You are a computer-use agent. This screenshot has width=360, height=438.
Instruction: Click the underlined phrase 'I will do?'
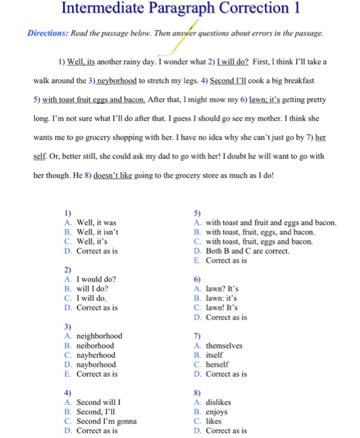(x=232, y=62)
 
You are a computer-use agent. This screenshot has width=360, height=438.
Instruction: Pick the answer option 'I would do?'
(x=96, y=279)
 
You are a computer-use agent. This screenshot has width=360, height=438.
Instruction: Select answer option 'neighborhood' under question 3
(x=99, y=336)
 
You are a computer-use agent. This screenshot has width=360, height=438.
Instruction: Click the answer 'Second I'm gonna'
(x=106, y=421)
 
